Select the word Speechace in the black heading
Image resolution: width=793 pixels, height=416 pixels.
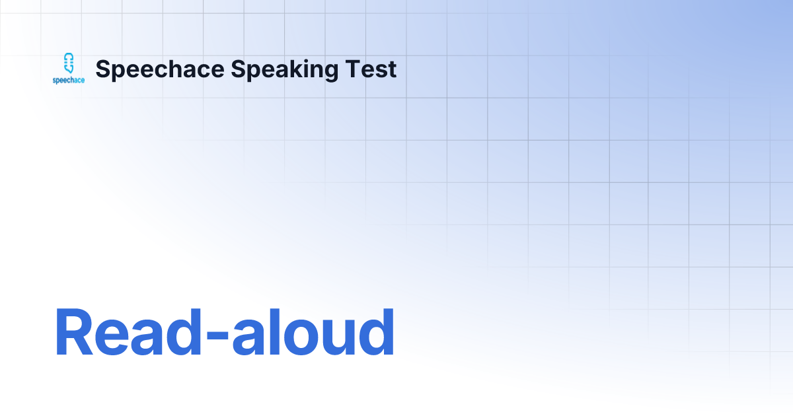tap(160, 69)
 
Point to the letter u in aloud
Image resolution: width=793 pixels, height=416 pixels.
tap(342, 338)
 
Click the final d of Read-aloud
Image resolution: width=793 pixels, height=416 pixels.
tap(377, 331)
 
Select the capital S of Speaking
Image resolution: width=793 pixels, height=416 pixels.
tap(237, 69)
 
